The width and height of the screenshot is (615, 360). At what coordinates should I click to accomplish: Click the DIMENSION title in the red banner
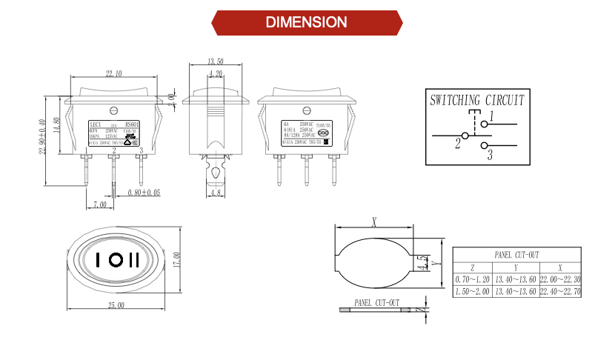tap(307, 22)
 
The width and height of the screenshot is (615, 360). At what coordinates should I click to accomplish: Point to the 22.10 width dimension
tap(114, 73)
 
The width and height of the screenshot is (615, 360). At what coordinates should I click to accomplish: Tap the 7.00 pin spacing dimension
tap(99, 204)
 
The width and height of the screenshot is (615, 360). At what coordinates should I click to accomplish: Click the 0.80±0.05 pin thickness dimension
tap(144, 193)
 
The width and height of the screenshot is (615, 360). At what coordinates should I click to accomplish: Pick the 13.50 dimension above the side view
tap(216, 61)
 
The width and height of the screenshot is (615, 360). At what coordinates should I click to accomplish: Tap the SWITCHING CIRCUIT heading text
tap(477, 100)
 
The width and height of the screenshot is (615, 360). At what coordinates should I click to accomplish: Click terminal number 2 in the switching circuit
tap(458, 144)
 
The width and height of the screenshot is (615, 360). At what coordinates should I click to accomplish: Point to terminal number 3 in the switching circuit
tap(489, 154)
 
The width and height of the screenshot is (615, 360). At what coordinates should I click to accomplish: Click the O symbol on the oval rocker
tap(115, 260)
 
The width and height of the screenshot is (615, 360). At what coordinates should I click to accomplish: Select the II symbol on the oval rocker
tap(134, 260)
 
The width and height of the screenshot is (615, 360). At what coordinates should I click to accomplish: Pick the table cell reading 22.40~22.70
tap(559, 292)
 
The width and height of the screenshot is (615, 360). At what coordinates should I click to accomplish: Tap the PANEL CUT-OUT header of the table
tap(516, 254)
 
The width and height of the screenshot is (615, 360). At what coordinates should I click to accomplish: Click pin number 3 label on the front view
tap(142, 150)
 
